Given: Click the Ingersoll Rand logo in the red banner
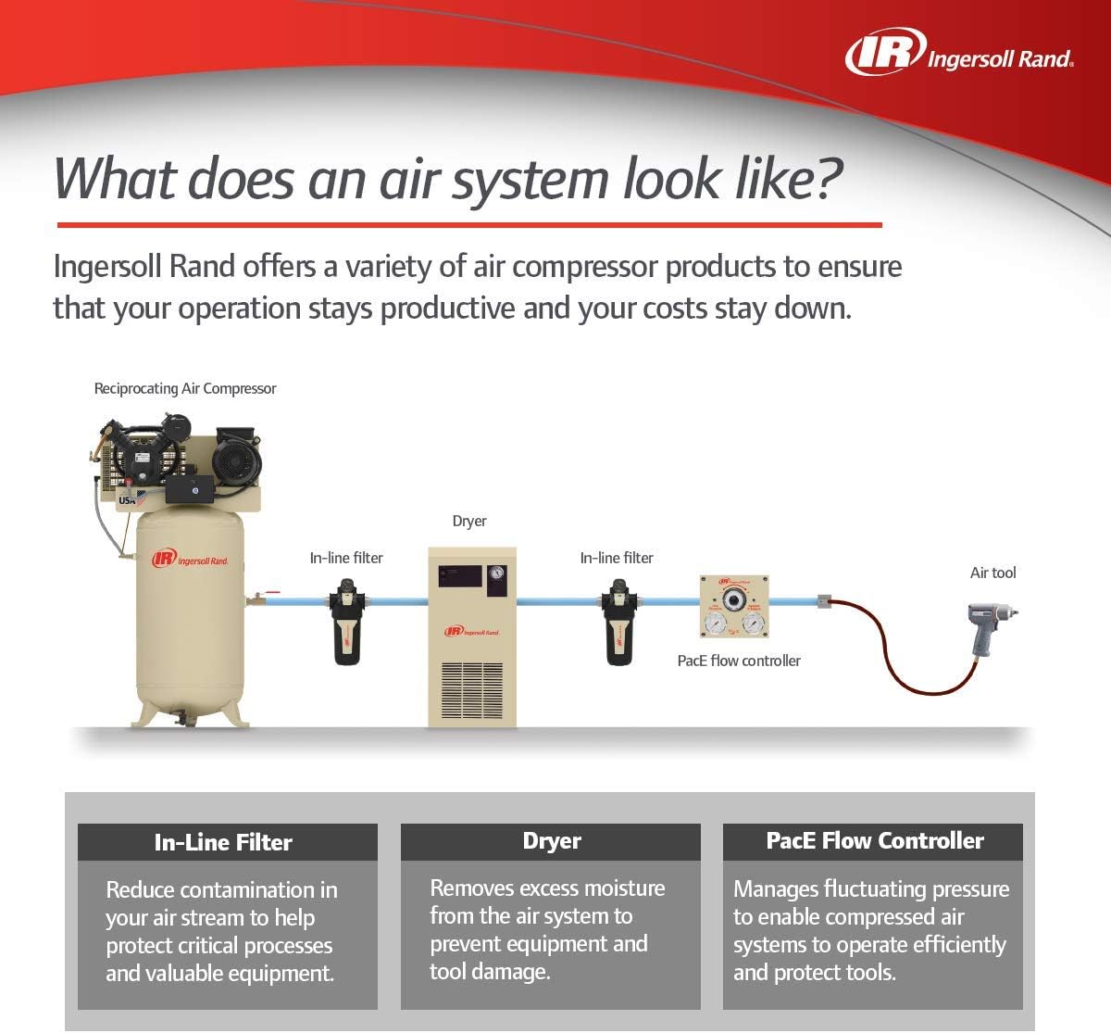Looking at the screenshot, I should click(958, 53).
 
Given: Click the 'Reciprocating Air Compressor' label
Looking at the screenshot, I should click(185, 389).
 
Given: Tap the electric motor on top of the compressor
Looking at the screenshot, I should click(236, 460).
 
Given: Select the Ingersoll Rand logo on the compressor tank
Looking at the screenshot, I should click(191, 558).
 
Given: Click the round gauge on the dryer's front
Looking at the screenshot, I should click(497, 573).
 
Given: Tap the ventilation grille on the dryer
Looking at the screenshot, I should click(471, 690).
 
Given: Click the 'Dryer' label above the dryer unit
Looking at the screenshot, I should click(469, 522).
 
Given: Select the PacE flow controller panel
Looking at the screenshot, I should click(733, 607).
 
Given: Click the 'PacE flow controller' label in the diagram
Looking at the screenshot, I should click(739, 661).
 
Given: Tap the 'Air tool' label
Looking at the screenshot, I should click(992, 573).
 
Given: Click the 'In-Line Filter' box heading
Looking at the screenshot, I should click(223, 842).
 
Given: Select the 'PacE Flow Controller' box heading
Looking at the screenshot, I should click(874, 841).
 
